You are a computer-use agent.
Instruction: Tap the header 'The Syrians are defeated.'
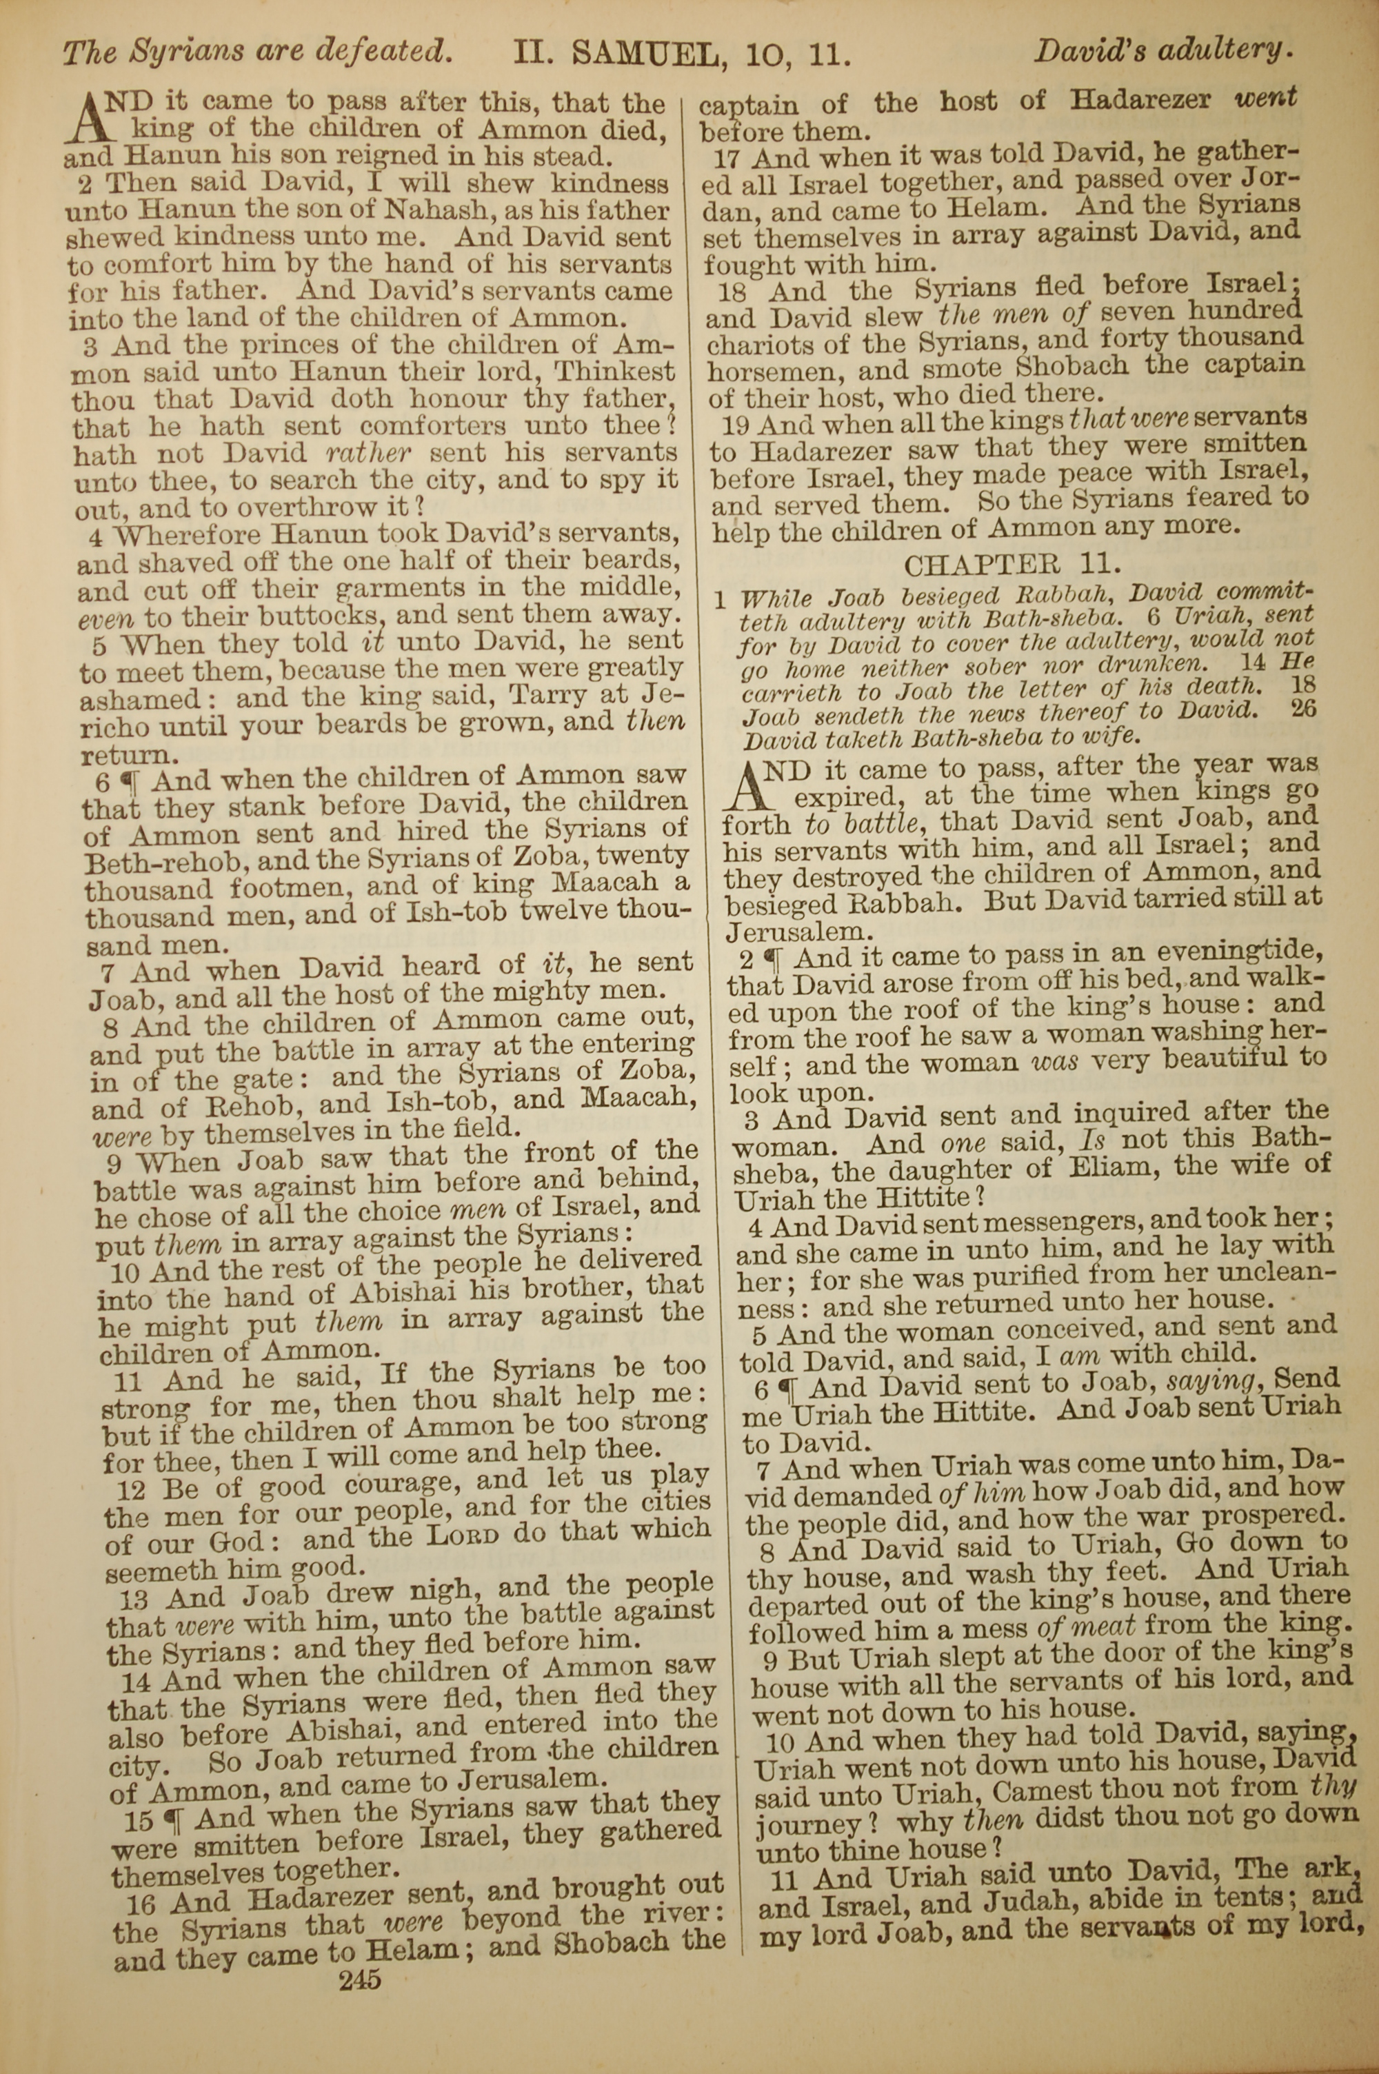coord(255,53)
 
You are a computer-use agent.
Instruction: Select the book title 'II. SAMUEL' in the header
coord(619,54)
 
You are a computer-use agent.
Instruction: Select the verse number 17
coord(729,159)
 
